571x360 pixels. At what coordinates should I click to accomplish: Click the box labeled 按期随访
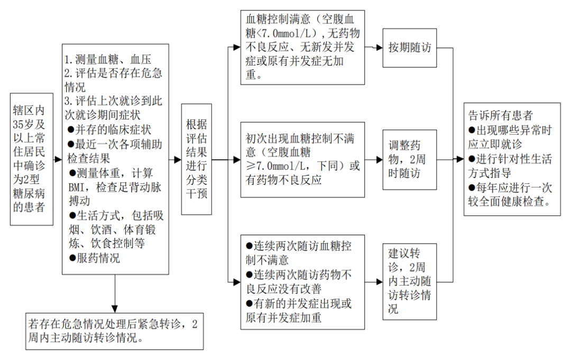(x=410, y=48)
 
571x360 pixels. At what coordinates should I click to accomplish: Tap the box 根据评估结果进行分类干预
(x=197, y=159)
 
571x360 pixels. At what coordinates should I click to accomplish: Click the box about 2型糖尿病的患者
(x=32, y=159)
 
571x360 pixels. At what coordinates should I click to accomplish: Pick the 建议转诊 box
(x=410, y=281)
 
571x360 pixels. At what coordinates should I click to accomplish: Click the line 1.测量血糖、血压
(x=108, y=60)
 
